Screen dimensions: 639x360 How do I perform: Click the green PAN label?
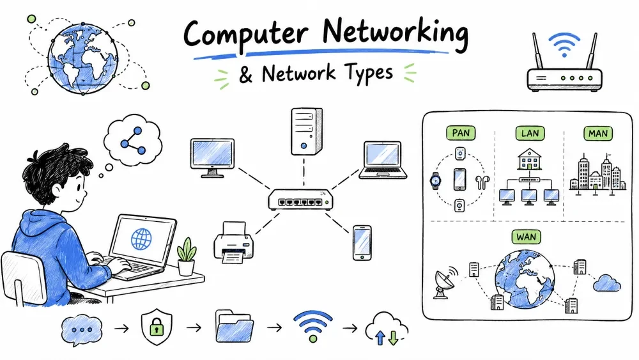pos(461,133)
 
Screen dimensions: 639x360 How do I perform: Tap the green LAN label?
pos(530,133)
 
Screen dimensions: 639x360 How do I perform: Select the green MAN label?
pos(598,133)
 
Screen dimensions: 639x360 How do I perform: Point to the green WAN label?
pos(526,237)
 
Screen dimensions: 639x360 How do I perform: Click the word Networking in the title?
pos(396,33)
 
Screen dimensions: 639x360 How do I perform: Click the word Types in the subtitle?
pos(369,74)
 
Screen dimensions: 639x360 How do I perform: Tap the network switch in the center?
pos(301,200)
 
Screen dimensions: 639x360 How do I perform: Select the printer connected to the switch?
pos(233,242)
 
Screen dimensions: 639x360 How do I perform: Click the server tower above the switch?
pos(307,131)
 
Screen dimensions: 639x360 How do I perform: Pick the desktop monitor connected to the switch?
pos(212,158)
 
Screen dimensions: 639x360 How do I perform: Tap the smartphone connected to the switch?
pos(362,242)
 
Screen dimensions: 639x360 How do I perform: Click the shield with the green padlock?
pos(157,327)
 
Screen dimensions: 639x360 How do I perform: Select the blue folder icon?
pos(235,326)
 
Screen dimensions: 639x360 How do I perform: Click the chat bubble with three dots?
pos(82,330)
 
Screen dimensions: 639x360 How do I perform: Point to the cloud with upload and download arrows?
pos(387,329)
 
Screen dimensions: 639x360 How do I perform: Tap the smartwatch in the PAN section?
pos(436,180)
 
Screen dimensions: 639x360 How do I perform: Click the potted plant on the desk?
pos(186,256)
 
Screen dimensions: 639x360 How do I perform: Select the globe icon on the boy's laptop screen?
pos(141,239)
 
